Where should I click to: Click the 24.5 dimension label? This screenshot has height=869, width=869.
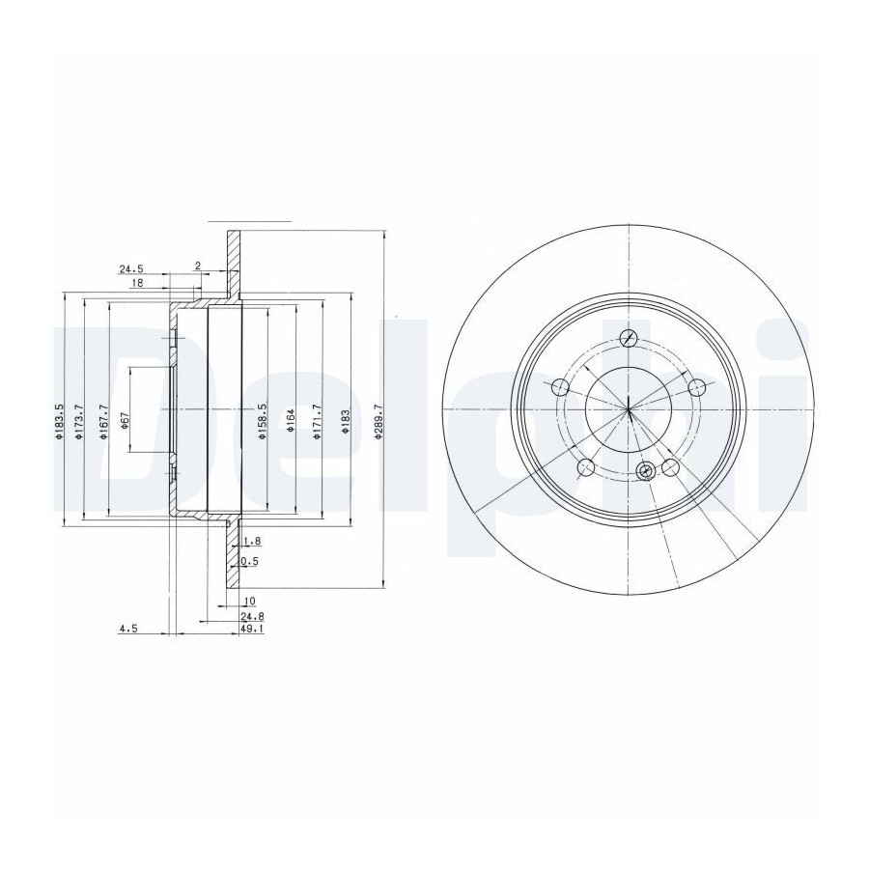coord(131,269)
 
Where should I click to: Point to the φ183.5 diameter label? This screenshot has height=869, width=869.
coord(58,421)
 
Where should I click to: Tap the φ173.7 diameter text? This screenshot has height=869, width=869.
coord(78,422)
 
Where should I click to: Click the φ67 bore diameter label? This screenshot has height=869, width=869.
coord(125,422)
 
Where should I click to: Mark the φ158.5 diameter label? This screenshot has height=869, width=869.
coord(263,421)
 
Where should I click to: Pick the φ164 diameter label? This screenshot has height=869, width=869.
coord(290,422)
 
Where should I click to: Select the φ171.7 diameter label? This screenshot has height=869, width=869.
coord(317,421)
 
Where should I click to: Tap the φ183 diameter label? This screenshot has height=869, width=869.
coord(345,422)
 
